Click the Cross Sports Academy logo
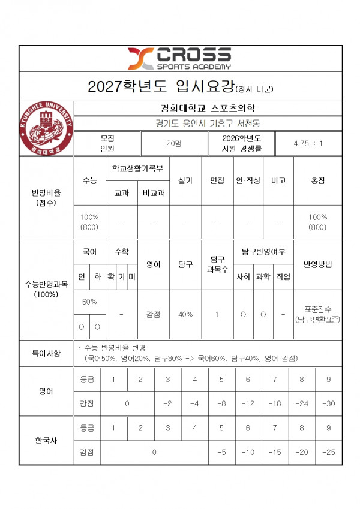click(x=179, y=58)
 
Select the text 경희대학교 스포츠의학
click(x=208, y=109)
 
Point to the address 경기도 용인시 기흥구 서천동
click(x=208, y=124)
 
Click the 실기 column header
click(x=185, y=180)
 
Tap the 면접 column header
click(x=217, y=180)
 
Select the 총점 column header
click(x=318, y=180)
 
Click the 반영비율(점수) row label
click(x=46, y=197)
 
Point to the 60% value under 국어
click(x=89, y=302)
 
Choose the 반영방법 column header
click(x=318, y=264)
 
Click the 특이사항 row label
click(x=46, y=354)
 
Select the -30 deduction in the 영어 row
click(x=329, y=403)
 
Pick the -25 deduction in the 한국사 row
click(x=329, y=451)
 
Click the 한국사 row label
click(x=46, y=440)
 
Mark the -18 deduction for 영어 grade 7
click(x=275, y=403)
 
